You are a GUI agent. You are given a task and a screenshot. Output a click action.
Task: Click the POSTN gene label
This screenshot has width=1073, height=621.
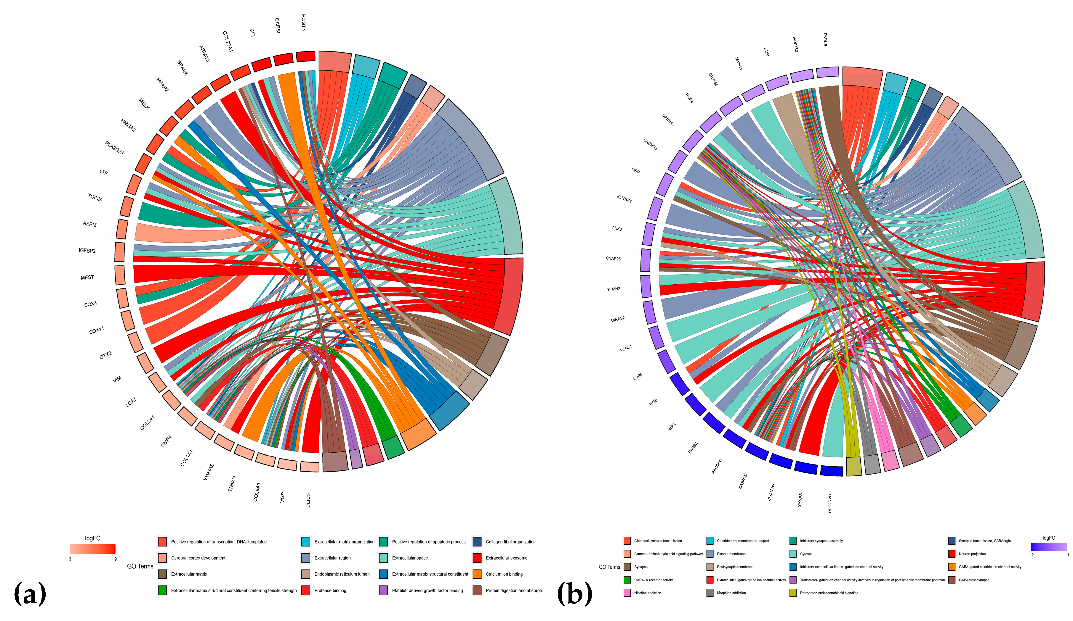pyautogui.click(x=303, y=23)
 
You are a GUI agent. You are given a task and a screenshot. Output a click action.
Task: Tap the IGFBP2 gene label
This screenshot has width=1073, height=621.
pyautogui.click(x=87, y=251)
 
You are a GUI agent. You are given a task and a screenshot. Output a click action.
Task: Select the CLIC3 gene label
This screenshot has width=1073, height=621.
pyautogui.click(x=308, y=500)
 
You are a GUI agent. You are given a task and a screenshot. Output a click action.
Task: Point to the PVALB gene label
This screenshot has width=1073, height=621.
pyautogui.click(x=825, y=40)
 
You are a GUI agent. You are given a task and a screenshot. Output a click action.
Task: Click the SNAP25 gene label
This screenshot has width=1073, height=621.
pyautogui.click(x=613, y=259)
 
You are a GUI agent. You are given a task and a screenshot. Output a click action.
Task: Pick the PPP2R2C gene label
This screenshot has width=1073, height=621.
pyautogui.click(x=830, y=503)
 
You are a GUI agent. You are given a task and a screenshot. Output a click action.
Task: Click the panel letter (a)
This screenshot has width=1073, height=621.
pyautogui.click(x=30, y=594)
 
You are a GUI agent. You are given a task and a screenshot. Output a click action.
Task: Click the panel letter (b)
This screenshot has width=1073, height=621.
pyautogui.click(x=574, y=594)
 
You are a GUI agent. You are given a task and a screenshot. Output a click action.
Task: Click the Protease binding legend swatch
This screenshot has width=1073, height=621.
pyautogui.click(x=305, y=590)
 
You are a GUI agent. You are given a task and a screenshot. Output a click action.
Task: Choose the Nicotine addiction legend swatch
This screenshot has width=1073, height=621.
pyautogui.click(x=627, y=593)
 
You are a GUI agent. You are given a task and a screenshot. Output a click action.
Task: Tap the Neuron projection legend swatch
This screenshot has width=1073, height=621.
pyautogui.click(x=952, y=554)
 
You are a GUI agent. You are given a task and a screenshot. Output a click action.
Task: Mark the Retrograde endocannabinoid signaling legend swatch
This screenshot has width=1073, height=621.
pyautogui.click(x=793, y=593)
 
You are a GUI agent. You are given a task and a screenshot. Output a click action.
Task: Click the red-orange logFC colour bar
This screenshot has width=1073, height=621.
pyautogui.click(x=93, y=549)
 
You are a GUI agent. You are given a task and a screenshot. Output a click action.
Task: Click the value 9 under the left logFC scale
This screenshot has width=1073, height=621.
pyautogui.click(x=116, y=559)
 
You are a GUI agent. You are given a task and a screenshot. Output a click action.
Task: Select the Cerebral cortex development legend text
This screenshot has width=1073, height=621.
pyautogui.click(x=198, y=558)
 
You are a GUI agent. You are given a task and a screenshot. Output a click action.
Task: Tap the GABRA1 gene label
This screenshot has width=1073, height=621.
pyautogui.click(x=668, y=120)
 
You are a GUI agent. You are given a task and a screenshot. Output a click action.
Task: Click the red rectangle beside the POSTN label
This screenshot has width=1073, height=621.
pyautogui.click(x=305, y=56)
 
